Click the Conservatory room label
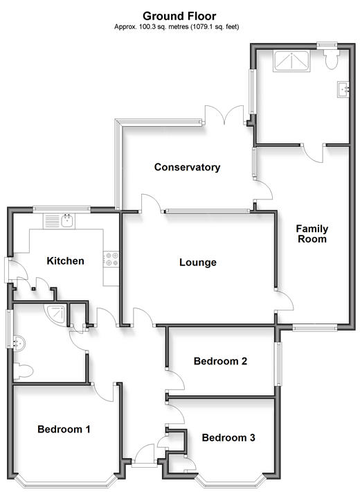[x=187, y=167]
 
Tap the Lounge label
[x=198, y=262]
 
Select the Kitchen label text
[x=65, y=261]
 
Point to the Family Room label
[x=312, y=234]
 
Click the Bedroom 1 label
[x=64, y=429]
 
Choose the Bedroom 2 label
[x=220, y=361]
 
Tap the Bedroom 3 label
[x=228, y=437]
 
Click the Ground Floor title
[x=179, y=16]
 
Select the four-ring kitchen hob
[x=111, y=259]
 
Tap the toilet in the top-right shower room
[x=331, y=59]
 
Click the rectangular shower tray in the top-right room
[x=291, y=61]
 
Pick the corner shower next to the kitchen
[x=57, y=315]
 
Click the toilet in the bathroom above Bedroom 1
[x=24, y=371]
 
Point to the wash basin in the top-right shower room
[x=343, y=89]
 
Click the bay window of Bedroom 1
[x=64, y=482]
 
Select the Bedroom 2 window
[x=278, y=364]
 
